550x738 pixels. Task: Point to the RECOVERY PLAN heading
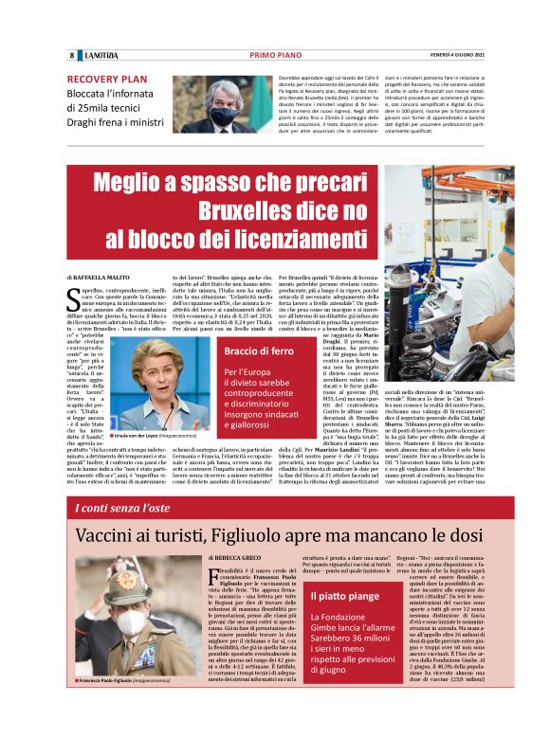(107, 80)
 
